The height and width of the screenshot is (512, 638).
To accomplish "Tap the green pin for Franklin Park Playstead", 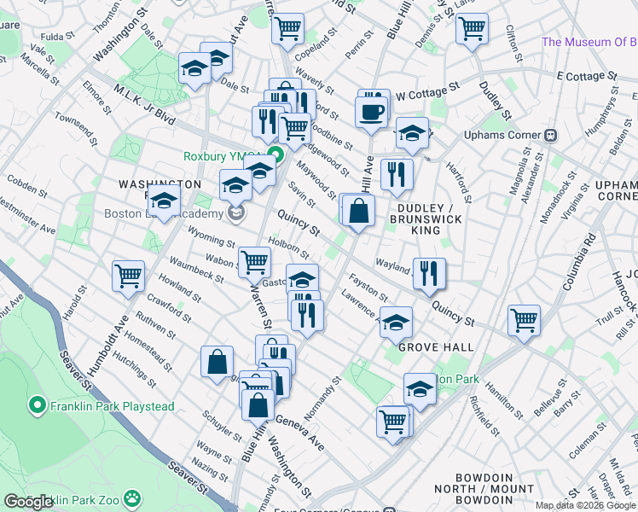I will pyautogui.click(x=36, y=404).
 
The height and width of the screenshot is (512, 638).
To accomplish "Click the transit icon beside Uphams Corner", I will pyautogui.click(x=551, y=135).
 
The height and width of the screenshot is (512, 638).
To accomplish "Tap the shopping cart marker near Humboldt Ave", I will pyautogui.click(x=128, y=276).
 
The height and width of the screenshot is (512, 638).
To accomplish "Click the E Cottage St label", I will pyautogui.click(x=586, y=76).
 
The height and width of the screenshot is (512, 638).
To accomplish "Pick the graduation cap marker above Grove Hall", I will pyautogui.click(x=396, y=323).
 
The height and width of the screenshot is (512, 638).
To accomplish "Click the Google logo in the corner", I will pyautogui.click(x=28, y=502).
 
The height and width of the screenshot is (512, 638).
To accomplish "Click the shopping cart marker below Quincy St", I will pyautogui.click(x=524, y=320).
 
